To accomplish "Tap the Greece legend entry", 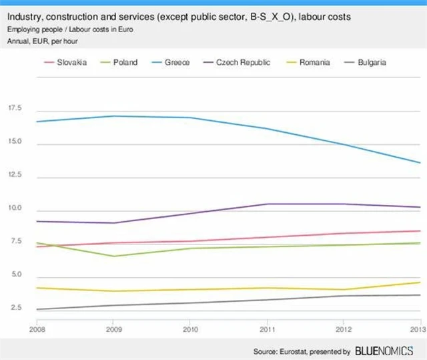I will tap(177, 62).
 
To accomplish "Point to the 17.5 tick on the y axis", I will tap(15, 108).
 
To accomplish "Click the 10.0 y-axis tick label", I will tap(15, 208).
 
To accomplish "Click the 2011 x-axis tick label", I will tap(266, 329).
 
